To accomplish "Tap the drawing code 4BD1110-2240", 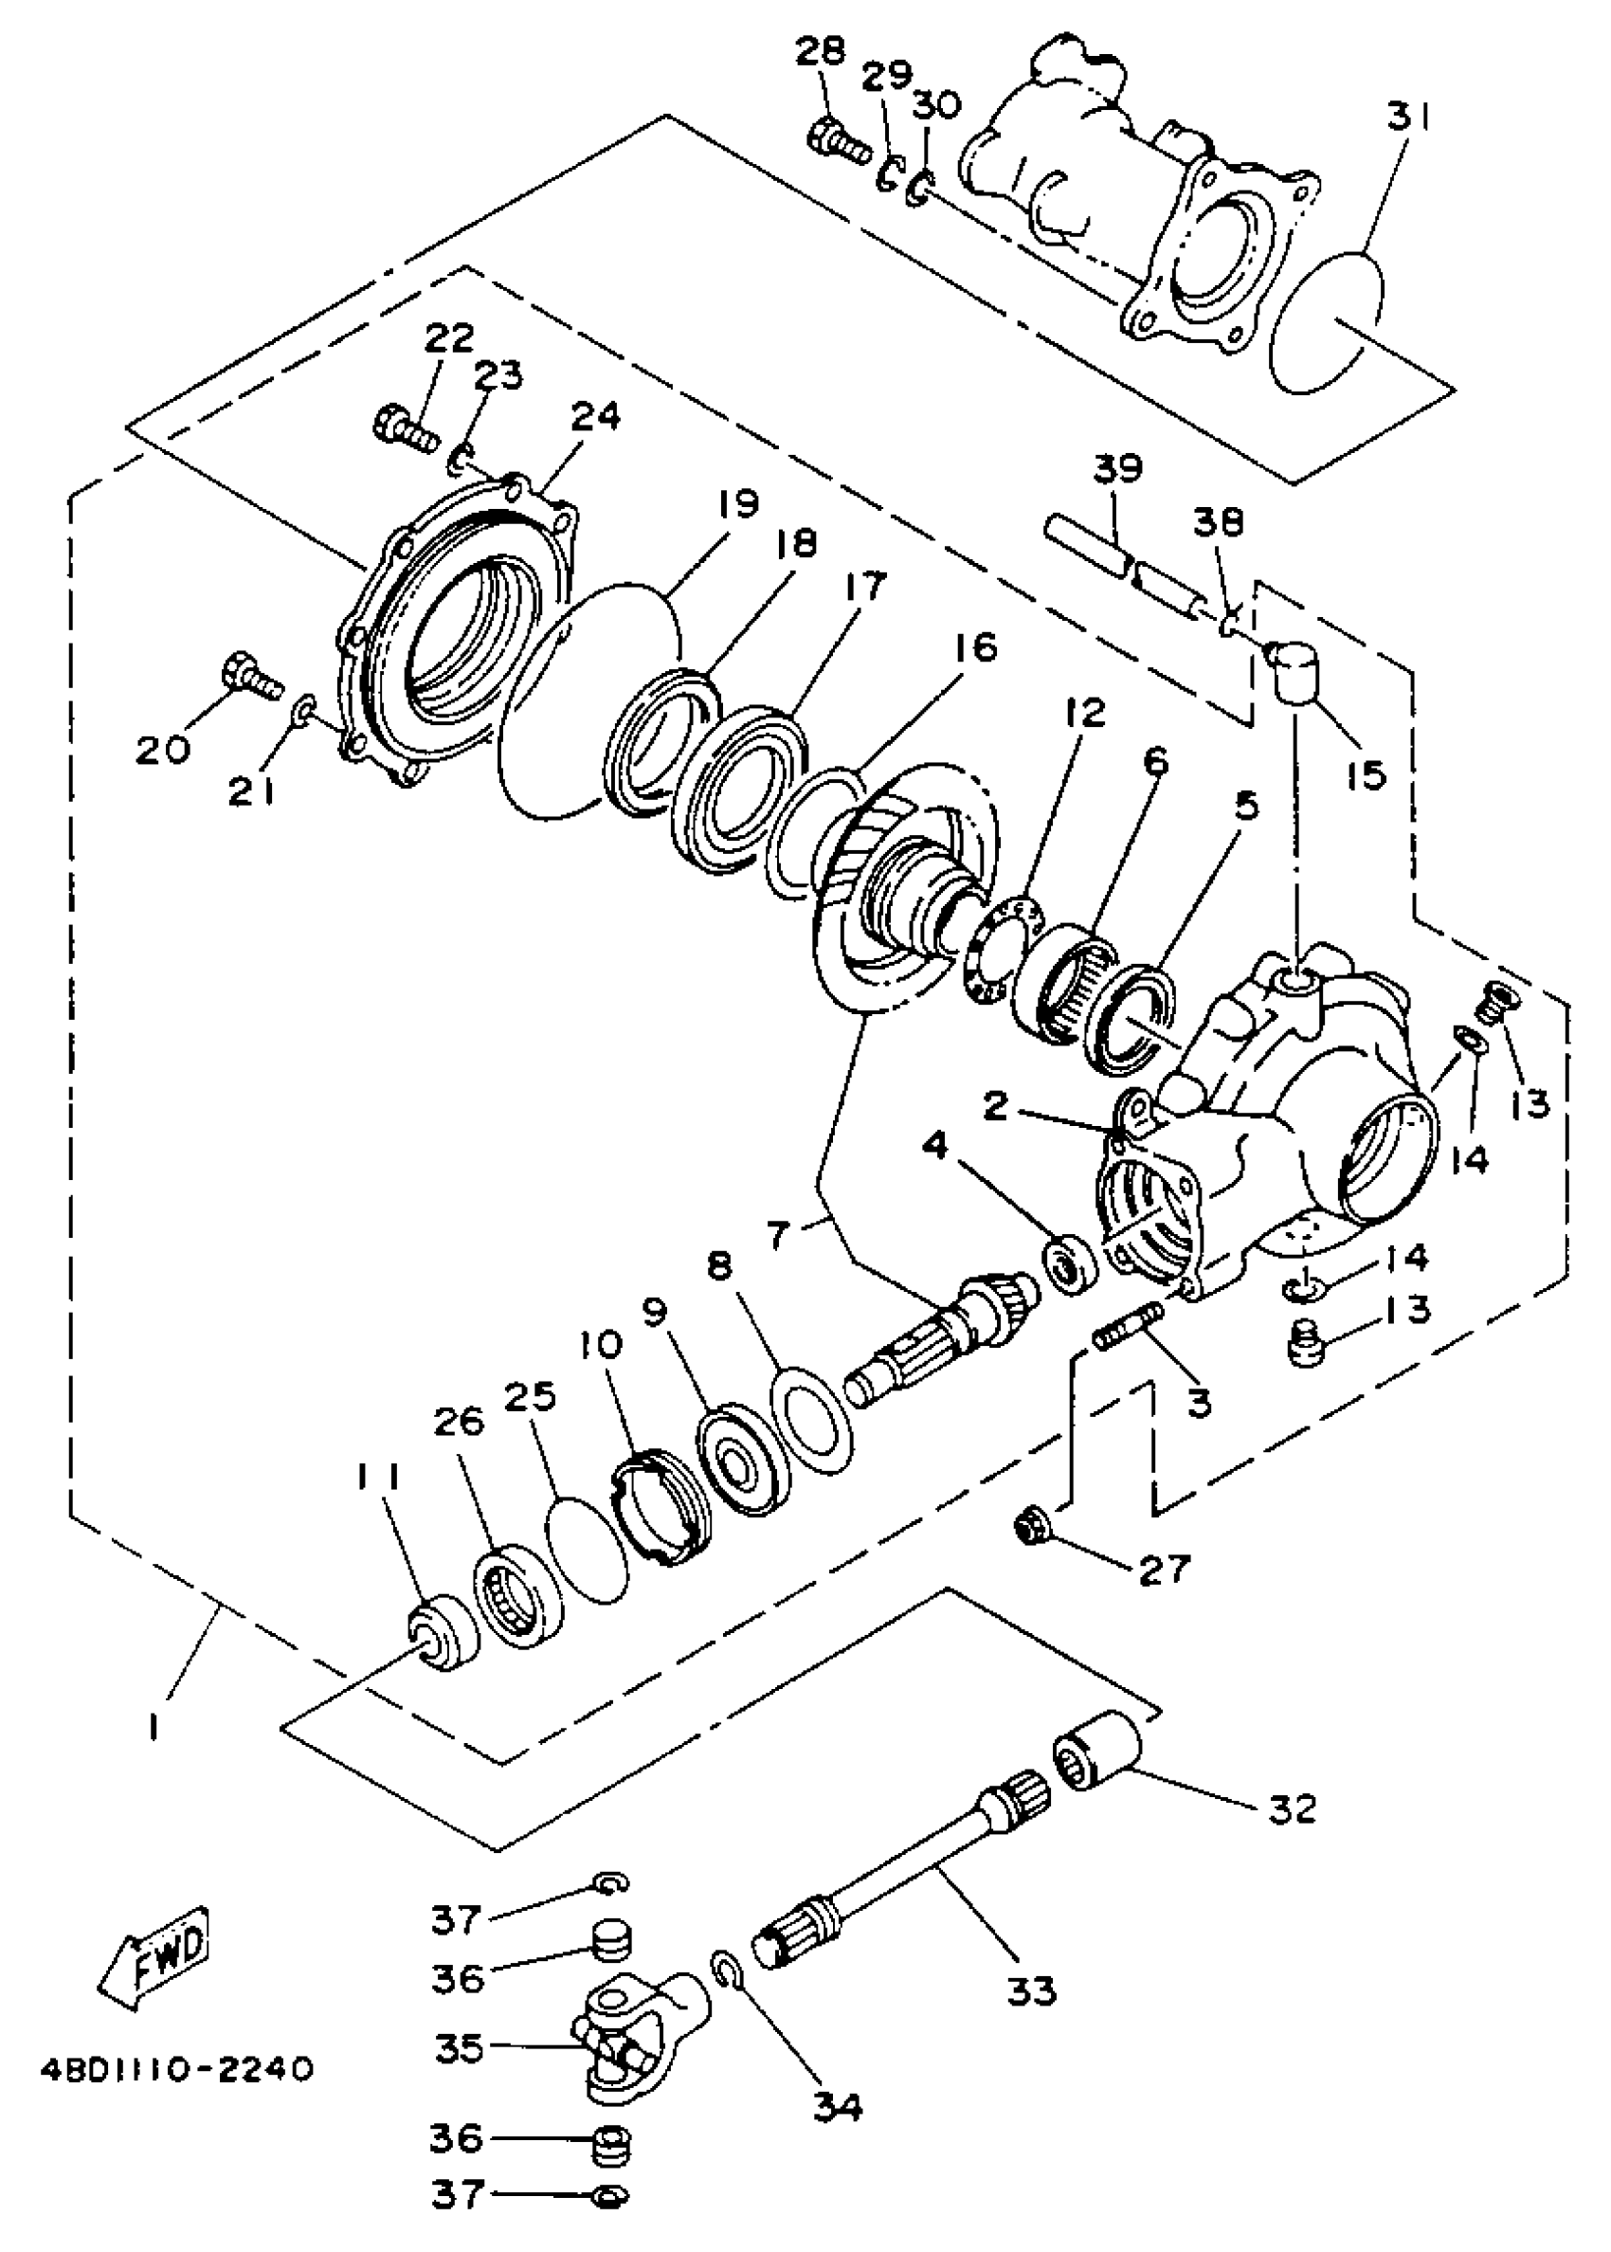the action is [x=177, y=2069].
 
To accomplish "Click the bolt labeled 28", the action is [x=839, y=141].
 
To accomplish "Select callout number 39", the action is [x=1118, y=469].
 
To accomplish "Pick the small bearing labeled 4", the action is [x=1070, y=1262].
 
